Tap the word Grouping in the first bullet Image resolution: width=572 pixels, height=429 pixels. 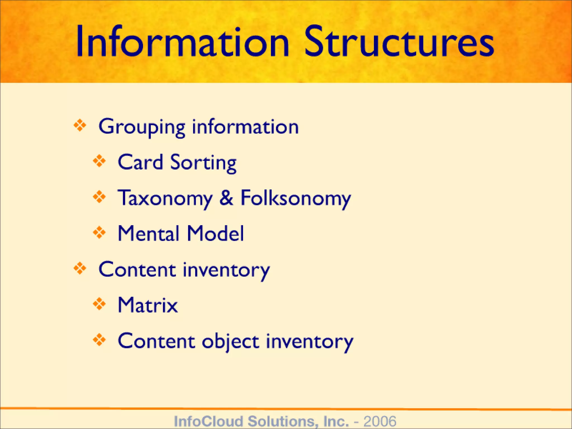(x=142, y=127)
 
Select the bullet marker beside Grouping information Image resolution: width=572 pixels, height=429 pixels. (x=80, y=125)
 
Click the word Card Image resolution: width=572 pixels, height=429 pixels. (x=140, y=162)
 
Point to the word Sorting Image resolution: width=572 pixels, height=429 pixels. (x=203, y=163)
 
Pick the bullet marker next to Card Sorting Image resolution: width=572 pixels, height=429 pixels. (x=99, y=161)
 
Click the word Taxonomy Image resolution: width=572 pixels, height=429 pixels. (x=165, y=199)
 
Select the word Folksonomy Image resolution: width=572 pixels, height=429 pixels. (x=295, y=199)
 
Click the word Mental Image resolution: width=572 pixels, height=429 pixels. (x=148, y=233)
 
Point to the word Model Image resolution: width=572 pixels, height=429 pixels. (x=215, y=233)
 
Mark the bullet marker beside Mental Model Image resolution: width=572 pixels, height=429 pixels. (x=99, y=232)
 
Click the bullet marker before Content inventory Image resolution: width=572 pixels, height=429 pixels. (x=80, y=268)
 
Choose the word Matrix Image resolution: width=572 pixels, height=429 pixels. (x=148, y=305)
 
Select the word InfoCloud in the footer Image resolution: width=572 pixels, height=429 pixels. (x=208, y=421)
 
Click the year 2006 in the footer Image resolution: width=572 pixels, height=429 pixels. (x=380, y=421)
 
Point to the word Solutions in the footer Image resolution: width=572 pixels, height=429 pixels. (x=283, y=421)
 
